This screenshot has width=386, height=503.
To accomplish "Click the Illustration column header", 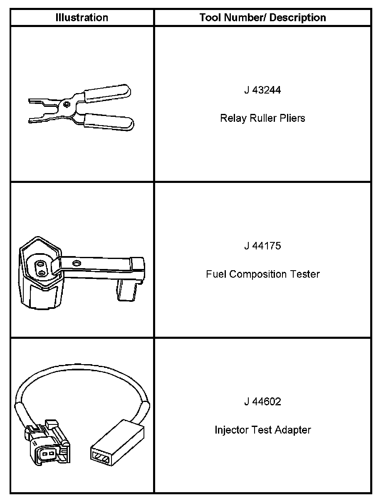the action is pyautogui.click(x=82, y=17).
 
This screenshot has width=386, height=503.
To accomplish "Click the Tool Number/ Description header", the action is pyautogui.click(x=262, y=17).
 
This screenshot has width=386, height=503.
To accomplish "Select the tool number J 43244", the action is pyautogui.click(x=262, y=90).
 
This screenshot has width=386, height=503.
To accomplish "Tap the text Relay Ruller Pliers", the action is pyautogui.click(x=262, y=118).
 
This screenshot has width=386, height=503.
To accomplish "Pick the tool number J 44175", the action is pyautogui.click(x=262, y=246).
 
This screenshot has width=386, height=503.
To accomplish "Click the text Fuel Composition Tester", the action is pyautogui.click(x=262, y=274).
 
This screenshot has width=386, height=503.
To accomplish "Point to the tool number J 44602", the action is pyautogui.click(x=262, y=402).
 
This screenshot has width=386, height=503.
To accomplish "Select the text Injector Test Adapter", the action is pyautogui.click(x=262, y=430).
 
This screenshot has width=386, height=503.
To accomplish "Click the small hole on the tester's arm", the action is pyautogui.click(x=76, y=263).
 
